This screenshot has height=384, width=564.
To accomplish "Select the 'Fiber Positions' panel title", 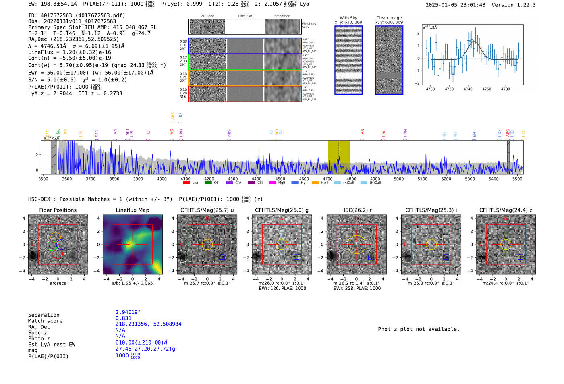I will coord(58,210).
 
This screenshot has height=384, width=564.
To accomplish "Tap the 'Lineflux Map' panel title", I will coord(132,210).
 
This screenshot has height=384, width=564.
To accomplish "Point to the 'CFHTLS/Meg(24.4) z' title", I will coord(506,210).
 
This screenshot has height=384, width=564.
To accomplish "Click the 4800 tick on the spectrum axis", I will coord(351,179).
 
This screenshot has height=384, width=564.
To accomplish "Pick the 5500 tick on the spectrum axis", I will coord(517,179).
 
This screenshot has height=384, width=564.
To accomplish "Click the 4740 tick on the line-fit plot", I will coord(468,89).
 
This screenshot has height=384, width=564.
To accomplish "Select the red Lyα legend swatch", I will coord(187,183).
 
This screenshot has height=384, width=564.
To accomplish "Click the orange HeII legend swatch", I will coord(315,183).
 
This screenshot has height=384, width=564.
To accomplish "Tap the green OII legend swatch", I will coord(208,183).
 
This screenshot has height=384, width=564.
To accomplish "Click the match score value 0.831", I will coord(123,318).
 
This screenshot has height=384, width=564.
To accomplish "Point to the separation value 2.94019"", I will coord(128,312).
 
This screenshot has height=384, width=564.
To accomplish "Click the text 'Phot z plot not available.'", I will coord(419,329).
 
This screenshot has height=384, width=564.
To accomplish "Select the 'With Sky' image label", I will coord(348,18).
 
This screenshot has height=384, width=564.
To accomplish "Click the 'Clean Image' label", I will coord(389,18).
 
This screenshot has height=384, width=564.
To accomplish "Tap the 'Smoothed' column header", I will coord(282,16).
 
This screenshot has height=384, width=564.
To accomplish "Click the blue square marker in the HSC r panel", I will coord(371,257).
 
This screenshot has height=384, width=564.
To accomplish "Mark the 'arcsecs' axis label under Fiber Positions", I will coord(58,283).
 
